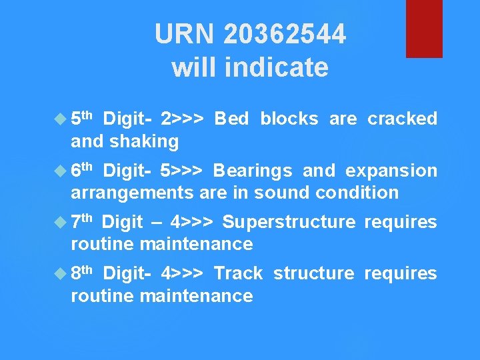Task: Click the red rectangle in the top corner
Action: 424,28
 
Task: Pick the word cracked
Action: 402,119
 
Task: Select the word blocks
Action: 289,119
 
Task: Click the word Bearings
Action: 252,171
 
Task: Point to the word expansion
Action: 391,171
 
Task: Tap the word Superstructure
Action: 289,222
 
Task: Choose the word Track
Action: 238,273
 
